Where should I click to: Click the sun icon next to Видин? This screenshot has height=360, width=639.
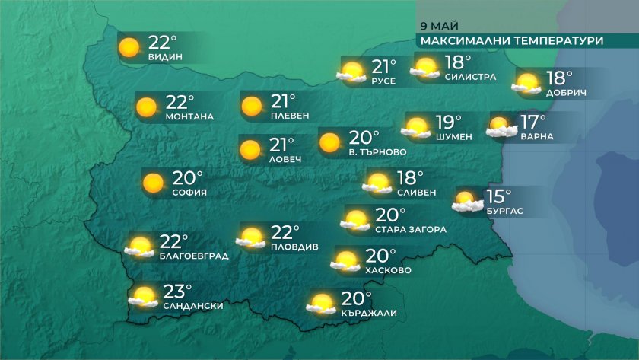130,48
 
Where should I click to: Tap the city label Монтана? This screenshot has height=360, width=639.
189,117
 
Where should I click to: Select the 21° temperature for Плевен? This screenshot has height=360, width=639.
283,101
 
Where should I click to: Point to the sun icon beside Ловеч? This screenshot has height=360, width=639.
250,150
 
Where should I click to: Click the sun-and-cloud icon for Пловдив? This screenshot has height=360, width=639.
250,237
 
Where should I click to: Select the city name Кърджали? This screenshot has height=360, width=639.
370,313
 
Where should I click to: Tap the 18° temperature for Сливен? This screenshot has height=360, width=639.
410,178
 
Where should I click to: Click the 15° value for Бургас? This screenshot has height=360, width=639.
498,197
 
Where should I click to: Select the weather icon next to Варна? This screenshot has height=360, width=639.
501,127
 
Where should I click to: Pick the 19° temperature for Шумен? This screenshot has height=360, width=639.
447,122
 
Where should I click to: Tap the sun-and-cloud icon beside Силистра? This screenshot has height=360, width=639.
426,68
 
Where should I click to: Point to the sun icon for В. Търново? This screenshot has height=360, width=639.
329,142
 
